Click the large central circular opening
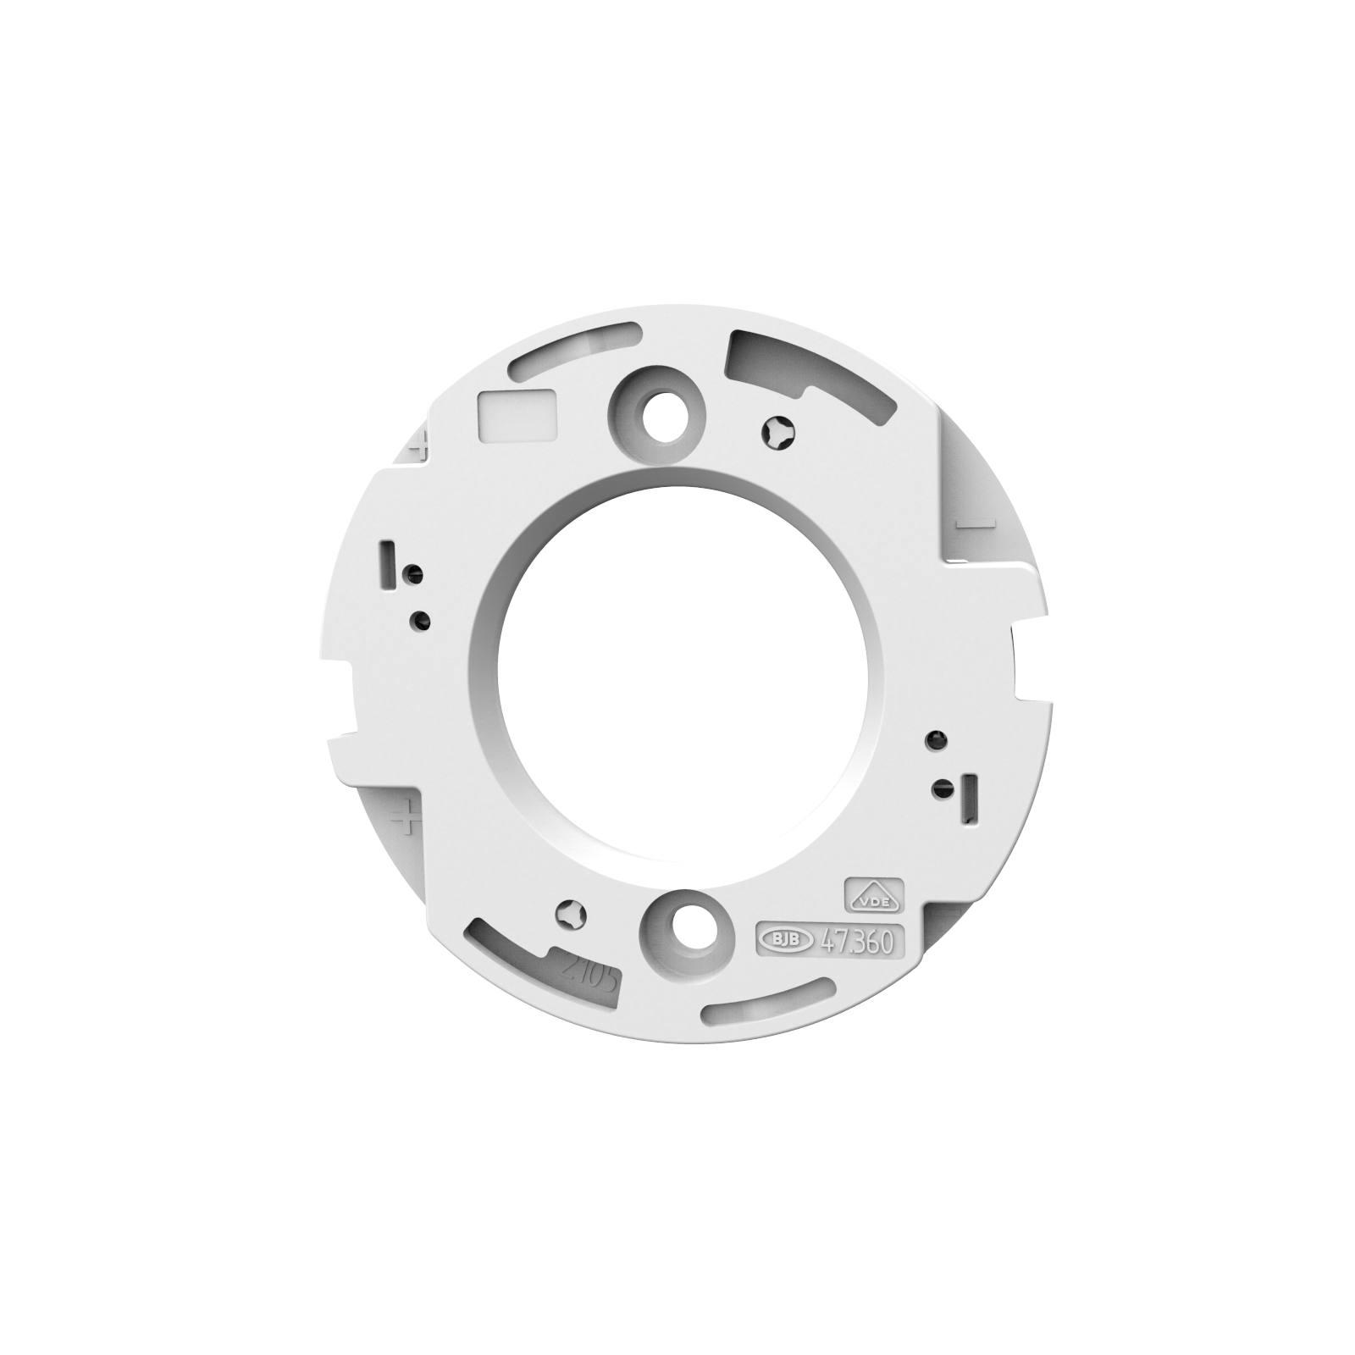(x=678, y=678)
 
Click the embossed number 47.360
(x=856, y=941)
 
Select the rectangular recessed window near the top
(x=517, y=415)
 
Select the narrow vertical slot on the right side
(x=970, y=796)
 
